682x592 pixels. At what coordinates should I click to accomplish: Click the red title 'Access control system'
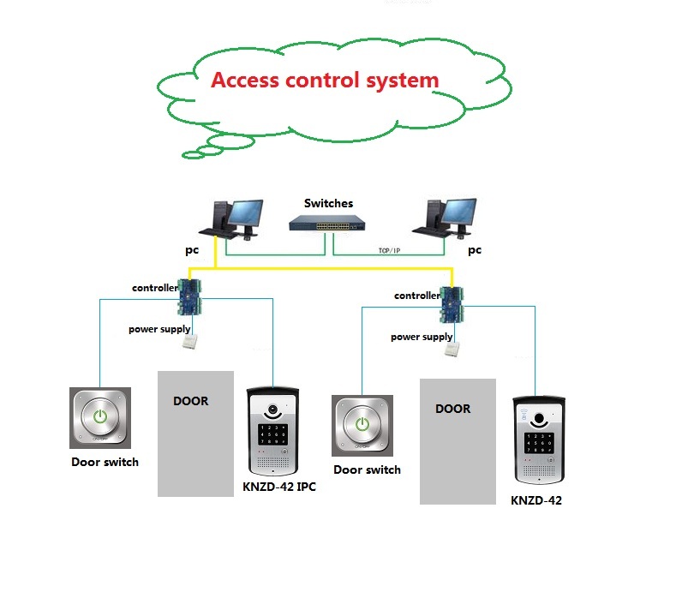coord(325,81)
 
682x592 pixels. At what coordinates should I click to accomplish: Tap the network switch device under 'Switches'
coord(328,223)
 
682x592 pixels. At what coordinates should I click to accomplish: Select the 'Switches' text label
coord(328,203)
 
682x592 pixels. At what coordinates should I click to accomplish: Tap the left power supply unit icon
coord(190,343)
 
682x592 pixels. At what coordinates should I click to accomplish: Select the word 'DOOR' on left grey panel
coord(190,401)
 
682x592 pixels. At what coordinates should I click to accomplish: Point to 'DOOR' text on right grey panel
coord(452,409)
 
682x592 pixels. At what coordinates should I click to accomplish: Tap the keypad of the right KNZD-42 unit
coord(537,440)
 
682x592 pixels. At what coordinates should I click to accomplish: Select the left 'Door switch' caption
coord(105,462)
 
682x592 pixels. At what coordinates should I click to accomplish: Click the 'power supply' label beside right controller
coord(422,337)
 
